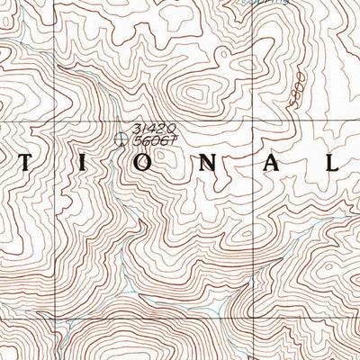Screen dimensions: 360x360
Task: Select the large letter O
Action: coord(126,166)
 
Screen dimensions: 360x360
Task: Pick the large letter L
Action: coord(329,165)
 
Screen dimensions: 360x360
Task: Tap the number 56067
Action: coord(151,140)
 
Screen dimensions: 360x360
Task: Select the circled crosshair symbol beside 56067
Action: coord(123,138)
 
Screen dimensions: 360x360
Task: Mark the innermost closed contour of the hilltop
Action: coord(193,94)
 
